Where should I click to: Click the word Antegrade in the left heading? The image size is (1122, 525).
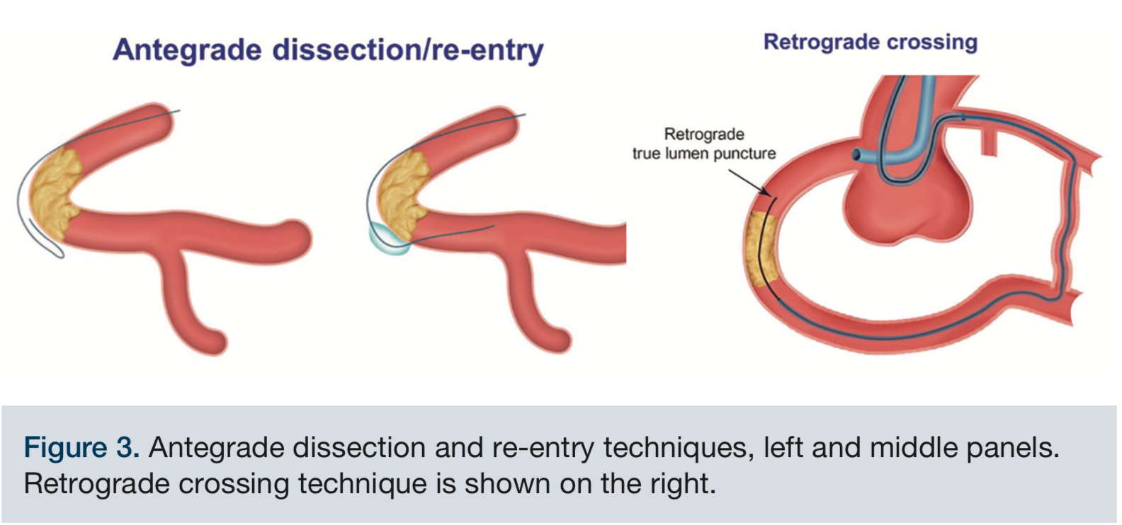tap(188, 50)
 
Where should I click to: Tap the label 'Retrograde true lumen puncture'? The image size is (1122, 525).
tap(704, 144)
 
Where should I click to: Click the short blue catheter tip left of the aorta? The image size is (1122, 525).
tap(858, 154)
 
